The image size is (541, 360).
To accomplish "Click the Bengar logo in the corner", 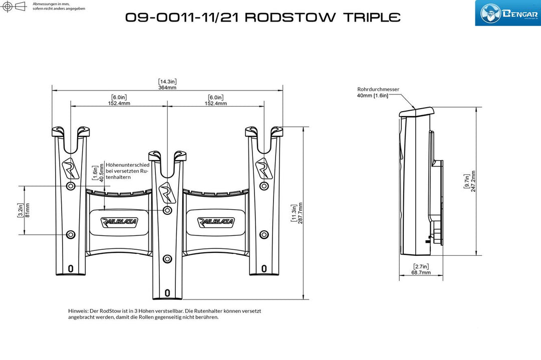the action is pos(508,13).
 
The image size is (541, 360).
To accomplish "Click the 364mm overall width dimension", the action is pos(167,88).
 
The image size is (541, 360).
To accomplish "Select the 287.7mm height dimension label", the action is pos(300,213).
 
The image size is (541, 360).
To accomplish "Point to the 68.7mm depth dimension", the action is pos(421,272).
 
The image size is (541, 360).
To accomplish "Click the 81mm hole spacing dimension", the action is pos(28,210).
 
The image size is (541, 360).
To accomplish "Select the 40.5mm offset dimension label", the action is pos(101,172).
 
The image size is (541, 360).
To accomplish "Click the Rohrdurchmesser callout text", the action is pos(378,89).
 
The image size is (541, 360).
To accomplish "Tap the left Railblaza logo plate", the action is pos(119,221).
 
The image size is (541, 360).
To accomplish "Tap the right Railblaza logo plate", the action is pos(215,221).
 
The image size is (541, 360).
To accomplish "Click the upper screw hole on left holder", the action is pos(71,186).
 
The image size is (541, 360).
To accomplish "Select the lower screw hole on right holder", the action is pos(264,234).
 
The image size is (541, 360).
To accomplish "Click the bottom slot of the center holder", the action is pos(167,293).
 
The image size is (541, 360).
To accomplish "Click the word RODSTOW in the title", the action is pos(290,17).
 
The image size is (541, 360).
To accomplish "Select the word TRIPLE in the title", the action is pos(372,17).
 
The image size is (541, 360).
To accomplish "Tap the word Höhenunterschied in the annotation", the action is pos(128,165).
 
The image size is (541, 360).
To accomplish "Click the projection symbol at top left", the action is pos(14,6).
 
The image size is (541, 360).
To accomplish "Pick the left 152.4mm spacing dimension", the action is pos(119,104).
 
